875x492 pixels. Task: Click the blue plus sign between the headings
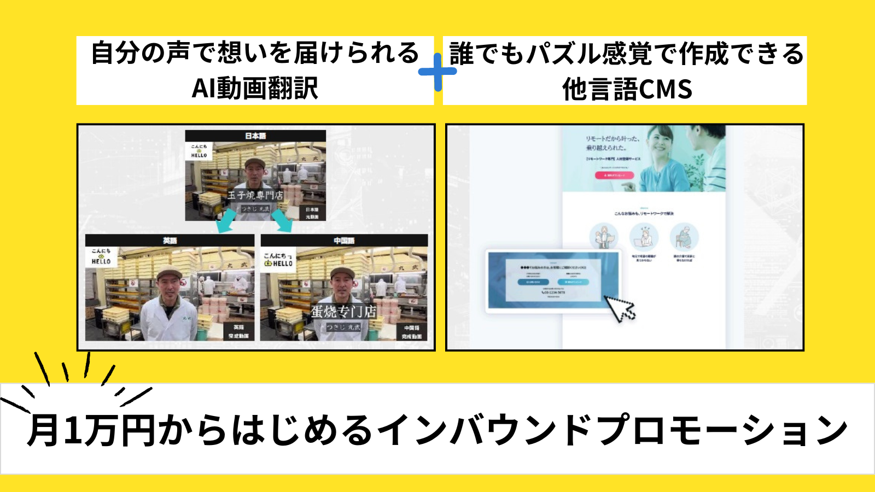pos(437,72)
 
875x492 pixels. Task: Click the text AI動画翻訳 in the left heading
pos(255,88)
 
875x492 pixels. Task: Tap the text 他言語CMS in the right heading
pos(627,89)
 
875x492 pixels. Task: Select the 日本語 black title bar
pos(255,136)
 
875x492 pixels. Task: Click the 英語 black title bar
pos(170,241)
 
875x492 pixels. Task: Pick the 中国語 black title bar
pos(344,241)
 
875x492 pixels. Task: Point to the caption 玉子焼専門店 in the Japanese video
pos(255,195)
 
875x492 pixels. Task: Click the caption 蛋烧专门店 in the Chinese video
pos(343,312)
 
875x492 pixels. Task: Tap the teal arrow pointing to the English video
pos(226,221)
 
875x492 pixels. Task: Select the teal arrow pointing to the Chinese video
pos(283,221)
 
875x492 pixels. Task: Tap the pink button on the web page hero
pos(614,175)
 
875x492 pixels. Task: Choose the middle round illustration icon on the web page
pos(644,237)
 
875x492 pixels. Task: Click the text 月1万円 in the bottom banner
pos(93,430)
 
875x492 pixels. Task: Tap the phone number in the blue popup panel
pos(553,292)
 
